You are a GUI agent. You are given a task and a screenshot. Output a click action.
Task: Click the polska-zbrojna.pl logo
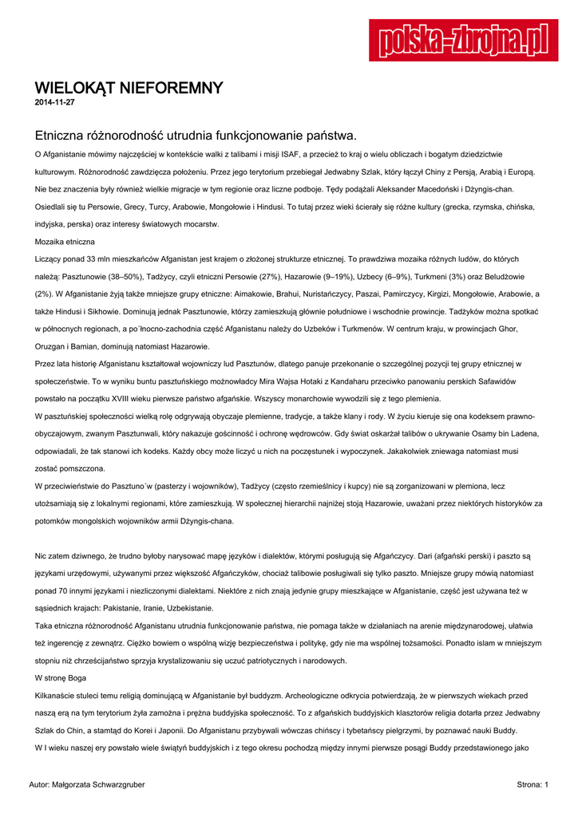pos(463,40)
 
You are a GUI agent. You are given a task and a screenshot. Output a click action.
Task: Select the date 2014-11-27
pos(55,102)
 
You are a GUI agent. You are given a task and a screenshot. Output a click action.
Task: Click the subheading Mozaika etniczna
pos(65,241)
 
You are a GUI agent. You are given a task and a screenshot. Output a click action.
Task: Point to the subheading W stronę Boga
pos(61,677)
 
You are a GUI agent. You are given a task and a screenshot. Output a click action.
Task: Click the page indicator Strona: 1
pos(532,785)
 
